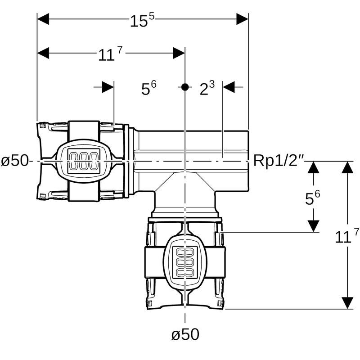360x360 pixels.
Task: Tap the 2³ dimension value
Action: pyautogui.click(x=207, y=89)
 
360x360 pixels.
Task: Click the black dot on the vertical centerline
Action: pyautogui.click(x=184, y=87)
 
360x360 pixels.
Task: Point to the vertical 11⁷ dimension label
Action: pyautogui.click(x=347, y=236)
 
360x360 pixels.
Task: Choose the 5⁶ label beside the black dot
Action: pyautogui.click(x=149, y=89)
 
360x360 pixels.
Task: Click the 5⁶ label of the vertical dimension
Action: pyautogui.click(x=313, y=198)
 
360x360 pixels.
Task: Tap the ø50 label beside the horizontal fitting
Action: pyautogui.click(x=15, y=160)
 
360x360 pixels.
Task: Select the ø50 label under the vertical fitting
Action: pyautogui.click(x=185, y=334)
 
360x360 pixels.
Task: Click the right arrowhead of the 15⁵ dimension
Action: pyautogui.click(x=243, y=19)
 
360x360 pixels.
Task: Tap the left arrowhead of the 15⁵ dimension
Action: pyautogui.click(x=43, y=19)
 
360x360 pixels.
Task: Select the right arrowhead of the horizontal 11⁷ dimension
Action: pyautogui.click(x=179, y=53)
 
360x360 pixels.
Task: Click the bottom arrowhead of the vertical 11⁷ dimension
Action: pyautogui.click(x=347, y=303)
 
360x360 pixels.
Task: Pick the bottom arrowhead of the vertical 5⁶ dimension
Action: pyautogui.click(x=313, y=226)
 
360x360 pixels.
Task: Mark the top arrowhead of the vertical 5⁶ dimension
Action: pyautogui.click(x=313, y=167)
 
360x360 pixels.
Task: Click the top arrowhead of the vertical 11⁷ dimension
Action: pyautogui.click(x=347, y=167)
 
